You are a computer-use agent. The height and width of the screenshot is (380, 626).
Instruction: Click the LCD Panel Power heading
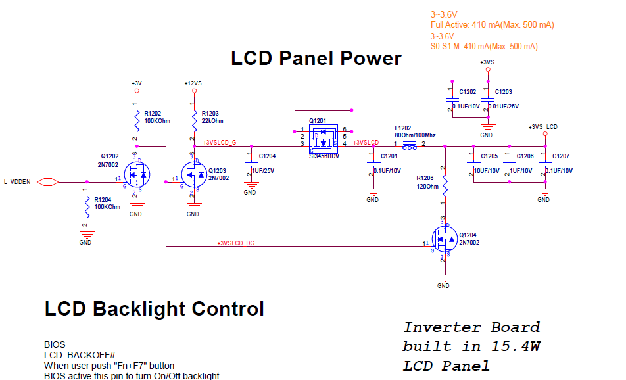coord(316,59)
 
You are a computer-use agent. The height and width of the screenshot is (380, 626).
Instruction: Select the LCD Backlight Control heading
coord(154,308)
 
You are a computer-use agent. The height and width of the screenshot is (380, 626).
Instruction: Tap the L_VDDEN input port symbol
coord(47,181)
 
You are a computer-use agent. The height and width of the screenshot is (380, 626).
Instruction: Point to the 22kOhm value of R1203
coord(212,121)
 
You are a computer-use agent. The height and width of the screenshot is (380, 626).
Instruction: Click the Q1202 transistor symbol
coord(137,175)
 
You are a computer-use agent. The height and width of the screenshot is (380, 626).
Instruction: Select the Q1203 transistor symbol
coord(193,175)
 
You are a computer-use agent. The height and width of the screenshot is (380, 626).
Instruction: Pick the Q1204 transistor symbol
coord(445,241)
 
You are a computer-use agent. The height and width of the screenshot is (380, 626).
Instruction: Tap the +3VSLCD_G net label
coord(220,143)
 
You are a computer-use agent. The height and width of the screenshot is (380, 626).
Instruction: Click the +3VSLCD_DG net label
coord(235,243)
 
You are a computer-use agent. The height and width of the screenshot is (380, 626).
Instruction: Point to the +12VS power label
coord(193,83)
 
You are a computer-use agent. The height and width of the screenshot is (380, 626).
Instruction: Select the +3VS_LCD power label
coord(543,126)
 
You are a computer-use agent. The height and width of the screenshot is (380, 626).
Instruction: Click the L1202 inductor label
coord(403,128)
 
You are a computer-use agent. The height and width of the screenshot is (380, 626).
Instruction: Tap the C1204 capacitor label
coord(267,156)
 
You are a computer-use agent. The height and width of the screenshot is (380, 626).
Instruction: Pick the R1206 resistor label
coord(425,178)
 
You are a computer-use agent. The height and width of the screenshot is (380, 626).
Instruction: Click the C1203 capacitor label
coord(503,92)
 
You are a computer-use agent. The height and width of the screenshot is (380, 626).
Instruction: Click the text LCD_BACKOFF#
coord(80,355)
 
